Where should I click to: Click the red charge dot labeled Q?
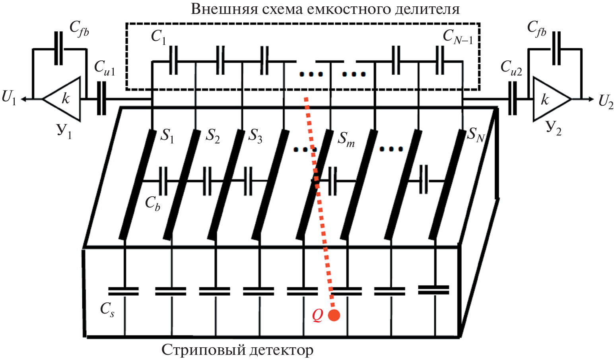[334, 315]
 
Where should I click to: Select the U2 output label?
[606, 102]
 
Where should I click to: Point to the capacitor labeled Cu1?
[102, 99]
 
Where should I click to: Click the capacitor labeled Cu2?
[513, 99]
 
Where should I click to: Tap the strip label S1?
[167, 137]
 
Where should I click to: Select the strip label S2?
[212, 137]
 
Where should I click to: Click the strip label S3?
[256, 137]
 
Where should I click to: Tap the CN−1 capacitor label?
[458, 37]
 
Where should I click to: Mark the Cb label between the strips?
[152, 203]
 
